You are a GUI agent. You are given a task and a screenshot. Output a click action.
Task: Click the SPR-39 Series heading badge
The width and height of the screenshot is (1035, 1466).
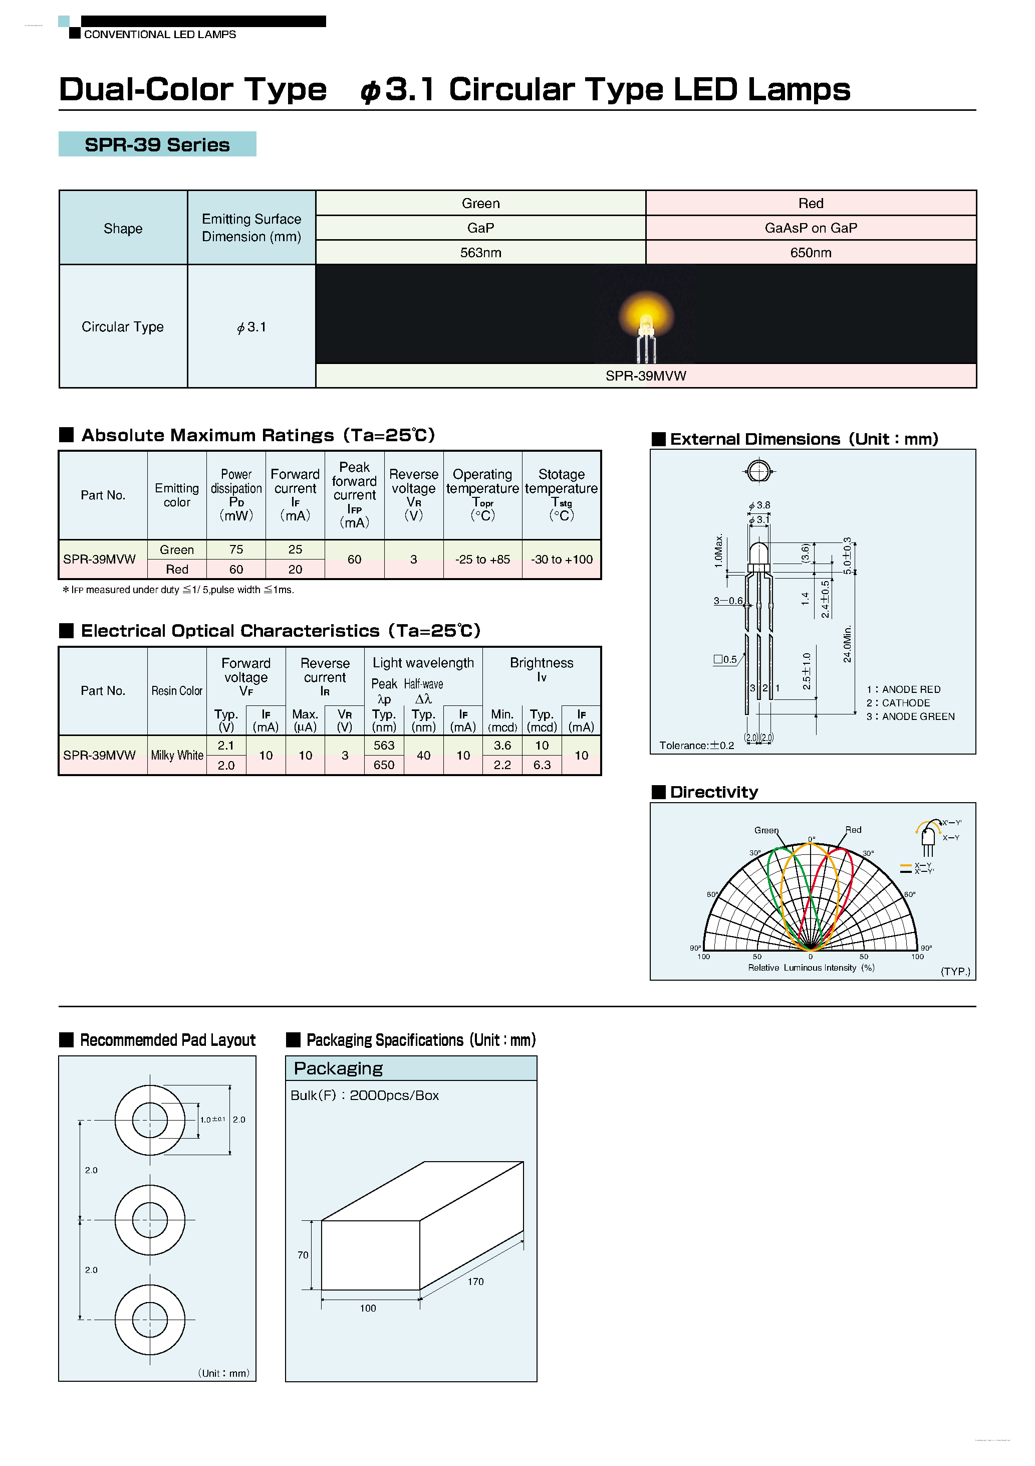[157, 144]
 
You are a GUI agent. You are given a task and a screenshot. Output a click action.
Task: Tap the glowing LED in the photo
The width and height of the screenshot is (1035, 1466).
[646, 320]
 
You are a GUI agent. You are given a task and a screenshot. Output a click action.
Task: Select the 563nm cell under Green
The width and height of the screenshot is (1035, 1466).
[480, 253]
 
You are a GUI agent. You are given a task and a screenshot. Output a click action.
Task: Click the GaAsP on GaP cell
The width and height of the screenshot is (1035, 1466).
[811, 228]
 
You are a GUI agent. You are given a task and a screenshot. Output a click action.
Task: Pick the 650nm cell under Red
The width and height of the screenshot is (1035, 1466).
[811, 253]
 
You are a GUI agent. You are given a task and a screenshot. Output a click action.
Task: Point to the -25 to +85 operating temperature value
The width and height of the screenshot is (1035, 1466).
[482, 560]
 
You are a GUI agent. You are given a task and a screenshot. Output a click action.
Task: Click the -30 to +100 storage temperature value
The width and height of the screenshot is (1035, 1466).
[562, 560]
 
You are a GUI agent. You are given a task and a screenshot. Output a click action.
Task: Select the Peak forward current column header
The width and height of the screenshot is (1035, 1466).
[354, 495]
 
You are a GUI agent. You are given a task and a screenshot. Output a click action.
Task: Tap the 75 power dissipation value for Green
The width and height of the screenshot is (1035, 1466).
[236, 549]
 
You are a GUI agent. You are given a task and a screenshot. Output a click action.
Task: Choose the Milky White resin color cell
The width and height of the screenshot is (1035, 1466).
[177, 756]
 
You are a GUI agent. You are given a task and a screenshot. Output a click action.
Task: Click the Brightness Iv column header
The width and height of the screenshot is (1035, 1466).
[541, 669]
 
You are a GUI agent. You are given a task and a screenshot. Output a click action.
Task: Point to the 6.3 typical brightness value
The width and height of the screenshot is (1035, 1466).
[542, 765]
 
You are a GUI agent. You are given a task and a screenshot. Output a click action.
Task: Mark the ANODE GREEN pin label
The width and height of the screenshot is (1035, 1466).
[911, 716]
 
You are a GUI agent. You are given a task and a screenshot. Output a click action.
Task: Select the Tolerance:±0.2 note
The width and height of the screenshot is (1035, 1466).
[696, 745]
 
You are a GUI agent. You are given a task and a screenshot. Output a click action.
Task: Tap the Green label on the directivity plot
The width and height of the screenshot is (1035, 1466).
[766, 830]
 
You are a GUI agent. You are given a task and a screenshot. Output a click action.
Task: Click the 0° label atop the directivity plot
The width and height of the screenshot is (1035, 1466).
[812, 839]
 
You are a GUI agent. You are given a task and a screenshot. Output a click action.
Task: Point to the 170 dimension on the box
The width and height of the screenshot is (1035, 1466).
[475, 1281]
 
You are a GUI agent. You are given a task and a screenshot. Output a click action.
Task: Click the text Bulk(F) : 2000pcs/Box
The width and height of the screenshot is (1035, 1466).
[364, 1095]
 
